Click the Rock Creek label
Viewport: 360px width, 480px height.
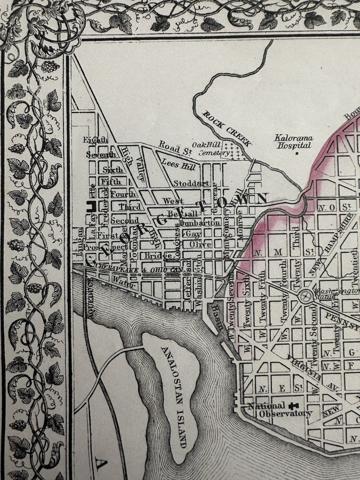pyautogui.click(x=227, y=128)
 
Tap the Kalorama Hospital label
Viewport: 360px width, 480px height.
pyautogui.click(x=294, y=142)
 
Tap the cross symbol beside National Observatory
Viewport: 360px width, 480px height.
pyautogui.click(x=296, y=406)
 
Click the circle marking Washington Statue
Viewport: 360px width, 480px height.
pyautogui.click(x=305, y=296)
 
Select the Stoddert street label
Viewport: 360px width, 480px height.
pyautogui.click(x=191, y=183)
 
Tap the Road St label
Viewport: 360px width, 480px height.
pyautogui.click(x=172, y=147)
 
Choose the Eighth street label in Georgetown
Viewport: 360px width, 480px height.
pyautogui.click(x=95, y=139)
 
